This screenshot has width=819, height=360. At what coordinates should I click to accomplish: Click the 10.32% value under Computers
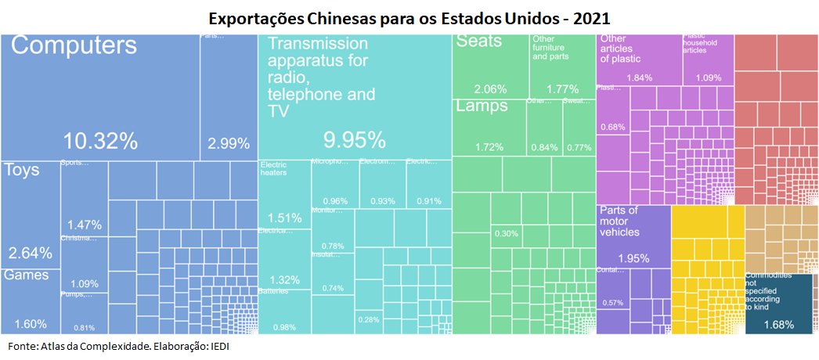tap(100, 142)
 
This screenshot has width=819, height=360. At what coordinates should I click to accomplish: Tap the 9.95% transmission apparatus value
tap(355, 141)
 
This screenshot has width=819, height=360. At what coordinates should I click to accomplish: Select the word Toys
tap(21, 170)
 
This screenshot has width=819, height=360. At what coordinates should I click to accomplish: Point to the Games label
tap(26, 275)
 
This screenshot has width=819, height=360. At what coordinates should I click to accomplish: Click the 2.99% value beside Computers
tap(229, 143)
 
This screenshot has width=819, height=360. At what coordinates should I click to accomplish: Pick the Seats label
tap(478, 41)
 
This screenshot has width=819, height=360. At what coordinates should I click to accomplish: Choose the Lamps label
tap(482, 106)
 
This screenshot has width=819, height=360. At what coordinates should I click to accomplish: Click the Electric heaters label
tap(273, 168)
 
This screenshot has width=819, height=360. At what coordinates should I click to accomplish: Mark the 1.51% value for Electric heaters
tap(284, 218)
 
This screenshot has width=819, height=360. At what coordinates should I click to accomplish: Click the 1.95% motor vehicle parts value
tap(634, 259)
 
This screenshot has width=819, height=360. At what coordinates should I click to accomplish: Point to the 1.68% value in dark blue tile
tap(778, 325)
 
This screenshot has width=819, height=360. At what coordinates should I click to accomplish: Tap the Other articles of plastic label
tap(621, 49)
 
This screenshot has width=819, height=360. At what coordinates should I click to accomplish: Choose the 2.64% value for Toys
tap(30, 253)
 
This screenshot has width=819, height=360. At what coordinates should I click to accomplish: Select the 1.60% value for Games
tap(30, 324)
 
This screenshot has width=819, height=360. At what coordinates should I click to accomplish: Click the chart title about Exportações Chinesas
tap(409, 17)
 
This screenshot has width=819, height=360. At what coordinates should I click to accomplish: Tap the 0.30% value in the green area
tap(506, 233)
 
